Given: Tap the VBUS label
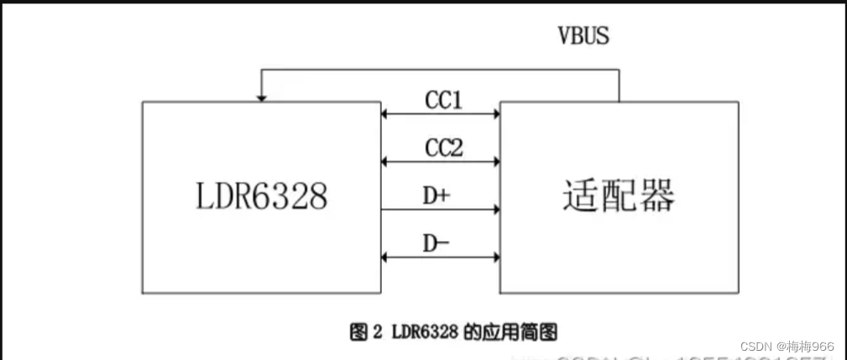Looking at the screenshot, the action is coord(583,36).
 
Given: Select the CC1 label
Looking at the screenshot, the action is coord(443,101).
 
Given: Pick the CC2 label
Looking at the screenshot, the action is coord(443,149).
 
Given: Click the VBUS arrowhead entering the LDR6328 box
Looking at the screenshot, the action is coord(262,97).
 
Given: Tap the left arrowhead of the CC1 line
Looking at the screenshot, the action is coord(385,113).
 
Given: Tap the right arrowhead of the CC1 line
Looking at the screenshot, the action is coord(495,113).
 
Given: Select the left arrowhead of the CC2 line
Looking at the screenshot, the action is coord(385,161).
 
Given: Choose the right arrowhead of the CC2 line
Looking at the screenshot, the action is coord(495,161).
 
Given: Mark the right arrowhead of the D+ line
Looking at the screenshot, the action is coord(495,209).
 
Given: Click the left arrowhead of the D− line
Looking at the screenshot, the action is coord(385,257).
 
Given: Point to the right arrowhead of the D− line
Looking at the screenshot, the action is coord(495,257).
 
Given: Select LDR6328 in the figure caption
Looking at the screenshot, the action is coord(424,331).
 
